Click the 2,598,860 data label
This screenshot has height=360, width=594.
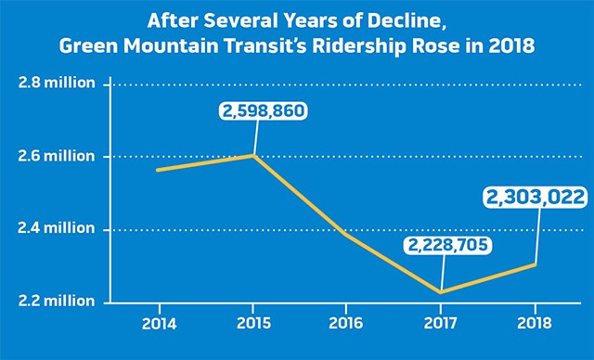[264, 112]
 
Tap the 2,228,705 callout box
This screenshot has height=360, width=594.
[446, 246]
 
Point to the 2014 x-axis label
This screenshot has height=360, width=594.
[160, 325]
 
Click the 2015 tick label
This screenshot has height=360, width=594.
[253, 325]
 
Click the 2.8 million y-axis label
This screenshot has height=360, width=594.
[58, 84]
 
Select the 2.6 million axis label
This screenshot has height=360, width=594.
[58, 156]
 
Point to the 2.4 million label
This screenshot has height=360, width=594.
[58, 228]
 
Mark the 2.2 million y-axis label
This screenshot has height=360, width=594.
[58, 301]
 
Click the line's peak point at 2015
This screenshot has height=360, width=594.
[253, 156]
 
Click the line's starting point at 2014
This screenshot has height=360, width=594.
[159, 170]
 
